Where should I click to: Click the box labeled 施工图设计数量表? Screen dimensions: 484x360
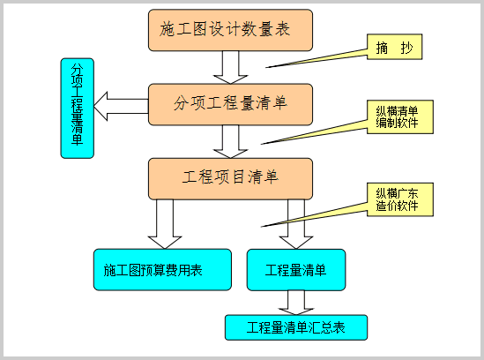click(x=230, y=30)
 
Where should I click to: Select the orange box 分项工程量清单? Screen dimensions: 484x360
click(x=230, y=104)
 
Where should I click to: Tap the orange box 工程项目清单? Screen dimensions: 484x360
click(x=230, y=178)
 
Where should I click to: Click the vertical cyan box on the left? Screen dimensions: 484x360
click(x=78, y=109)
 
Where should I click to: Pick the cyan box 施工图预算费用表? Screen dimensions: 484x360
click(x=162, y=270)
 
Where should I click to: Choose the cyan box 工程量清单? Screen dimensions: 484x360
click(x=296, y=270)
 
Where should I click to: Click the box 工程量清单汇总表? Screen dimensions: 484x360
click(x=296, y=327)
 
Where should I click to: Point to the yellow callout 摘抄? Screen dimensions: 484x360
click(x=394, y=47)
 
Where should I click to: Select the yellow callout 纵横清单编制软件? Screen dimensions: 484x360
click(x=399, y=116)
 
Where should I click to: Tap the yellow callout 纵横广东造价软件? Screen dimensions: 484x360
click(x=399, y=199)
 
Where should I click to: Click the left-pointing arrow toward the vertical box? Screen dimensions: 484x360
click(x=121, y=106)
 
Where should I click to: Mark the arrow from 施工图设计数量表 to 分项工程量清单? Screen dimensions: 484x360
click(x=230, y=67)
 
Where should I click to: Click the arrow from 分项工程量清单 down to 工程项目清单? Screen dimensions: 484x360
click(x=230, y=142)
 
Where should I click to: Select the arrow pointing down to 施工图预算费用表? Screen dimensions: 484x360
click(x=165, y=224)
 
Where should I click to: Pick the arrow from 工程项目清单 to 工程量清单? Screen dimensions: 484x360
click(x=296, y=224)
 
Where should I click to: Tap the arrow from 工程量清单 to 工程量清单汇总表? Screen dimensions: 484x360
click(x=296, y=303)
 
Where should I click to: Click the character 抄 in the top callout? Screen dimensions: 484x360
click(x=406, y=48)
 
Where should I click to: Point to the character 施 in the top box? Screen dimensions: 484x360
click(x=168, y=30)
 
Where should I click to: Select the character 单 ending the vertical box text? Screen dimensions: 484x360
click(x=78, y=139)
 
